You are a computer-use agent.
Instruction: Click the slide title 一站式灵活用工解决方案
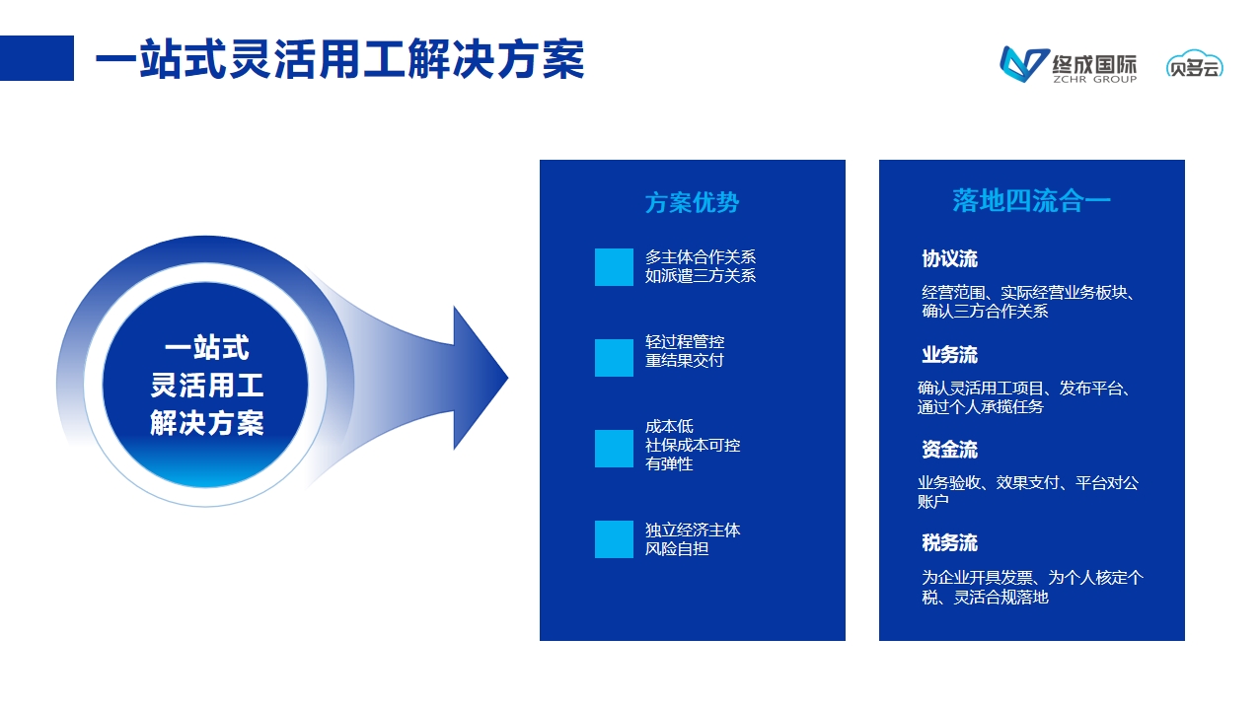(340, 58)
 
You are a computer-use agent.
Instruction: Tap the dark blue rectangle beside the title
(37, 58)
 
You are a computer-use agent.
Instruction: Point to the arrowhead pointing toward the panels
(479, 378)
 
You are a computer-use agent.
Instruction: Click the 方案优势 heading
(692, 202)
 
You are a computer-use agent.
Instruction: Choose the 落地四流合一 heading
(1032, 201)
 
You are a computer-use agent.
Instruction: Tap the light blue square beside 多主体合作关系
(614, 267)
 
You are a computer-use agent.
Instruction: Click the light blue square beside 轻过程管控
(614, 358)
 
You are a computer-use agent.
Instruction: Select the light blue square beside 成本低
(614, 449)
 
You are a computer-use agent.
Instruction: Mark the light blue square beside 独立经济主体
(614, 539)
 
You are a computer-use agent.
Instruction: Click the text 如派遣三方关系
(701, 275)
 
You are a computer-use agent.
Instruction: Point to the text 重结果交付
(684, 360)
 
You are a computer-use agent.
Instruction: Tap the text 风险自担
(676, 548)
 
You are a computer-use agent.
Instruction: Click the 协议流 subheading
(949, 258)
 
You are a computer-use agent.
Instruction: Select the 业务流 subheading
(949, 355)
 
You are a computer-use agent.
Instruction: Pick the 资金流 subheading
(949, 450)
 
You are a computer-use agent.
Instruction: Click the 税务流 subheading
(949, 543)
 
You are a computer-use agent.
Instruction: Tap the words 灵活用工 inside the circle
(207, 386)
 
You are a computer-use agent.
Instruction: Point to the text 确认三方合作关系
(985, 311)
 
